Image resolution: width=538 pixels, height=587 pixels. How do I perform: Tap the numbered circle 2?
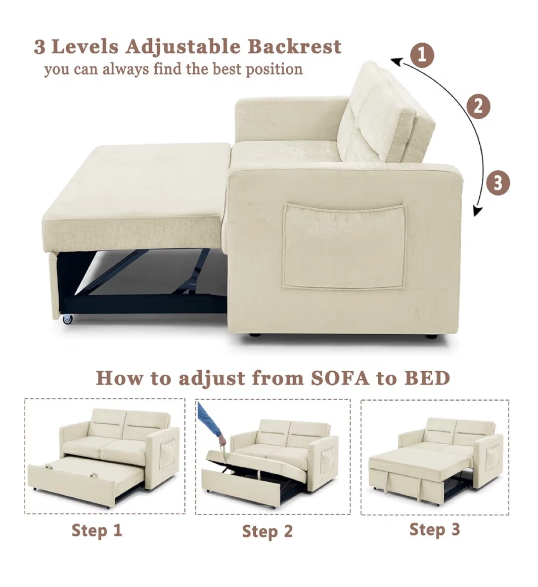pos(478,106)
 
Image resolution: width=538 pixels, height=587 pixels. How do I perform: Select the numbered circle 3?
pos(498,183)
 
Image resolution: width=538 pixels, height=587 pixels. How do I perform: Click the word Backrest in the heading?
pos(295,47)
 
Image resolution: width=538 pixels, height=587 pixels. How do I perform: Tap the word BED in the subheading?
pos(428,378)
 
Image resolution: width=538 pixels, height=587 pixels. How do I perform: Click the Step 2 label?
pos(267,531)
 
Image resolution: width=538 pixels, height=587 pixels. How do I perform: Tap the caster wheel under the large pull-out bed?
pos(67,318)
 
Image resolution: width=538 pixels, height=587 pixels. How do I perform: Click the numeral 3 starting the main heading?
pos(40,47)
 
